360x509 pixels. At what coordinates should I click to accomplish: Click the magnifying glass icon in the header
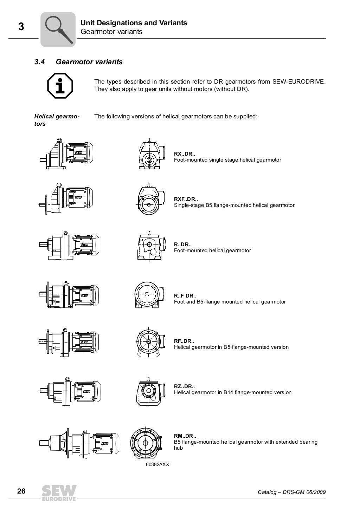pos(58,30)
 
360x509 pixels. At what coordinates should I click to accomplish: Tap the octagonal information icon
pos(60,85)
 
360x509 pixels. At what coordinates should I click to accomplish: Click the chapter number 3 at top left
pos(21,27)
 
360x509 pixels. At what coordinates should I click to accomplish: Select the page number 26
pos(21,491)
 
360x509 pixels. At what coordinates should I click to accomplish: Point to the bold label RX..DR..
pos(185,154)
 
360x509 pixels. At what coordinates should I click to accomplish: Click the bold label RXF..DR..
pos(186,199)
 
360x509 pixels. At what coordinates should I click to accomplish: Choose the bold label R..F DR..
pos(185,296)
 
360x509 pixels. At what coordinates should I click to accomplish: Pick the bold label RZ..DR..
pos(184,386)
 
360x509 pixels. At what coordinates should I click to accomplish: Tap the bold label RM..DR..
pos(185,436)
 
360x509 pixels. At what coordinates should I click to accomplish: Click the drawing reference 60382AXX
pos(155,464)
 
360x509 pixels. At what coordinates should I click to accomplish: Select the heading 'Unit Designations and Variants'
pos(134,23)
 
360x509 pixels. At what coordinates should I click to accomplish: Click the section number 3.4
pos(39,62)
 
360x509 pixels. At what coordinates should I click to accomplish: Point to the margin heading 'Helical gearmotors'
pos(57,120)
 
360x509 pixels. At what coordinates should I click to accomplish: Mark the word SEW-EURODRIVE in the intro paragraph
pos(299,82)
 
